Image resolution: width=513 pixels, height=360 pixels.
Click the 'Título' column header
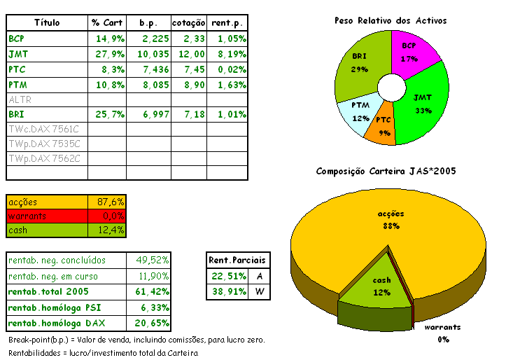(x=47, y=23)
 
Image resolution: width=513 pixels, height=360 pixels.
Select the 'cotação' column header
(x=188, y=23)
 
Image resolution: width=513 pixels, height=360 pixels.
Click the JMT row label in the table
(x=19, y=54)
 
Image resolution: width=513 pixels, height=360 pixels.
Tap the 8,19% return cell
(x=227, y=54)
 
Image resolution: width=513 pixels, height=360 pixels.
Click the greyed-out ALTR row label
(x=20, y=99)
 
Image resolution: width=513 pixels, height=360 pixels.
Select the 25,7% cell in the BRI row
(x=109, y=114)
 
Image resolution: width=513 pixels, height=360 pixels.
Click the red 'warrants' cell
(x=47, y=216)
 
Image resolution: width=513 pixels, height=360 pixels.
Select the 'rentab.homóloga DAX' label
(x=53, y=324)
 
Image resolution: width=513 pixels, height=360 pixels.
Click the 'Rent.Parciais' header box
(x=238, y=261)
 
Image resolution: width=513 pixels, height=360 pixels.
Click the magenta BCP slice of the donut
(x=412, y=53)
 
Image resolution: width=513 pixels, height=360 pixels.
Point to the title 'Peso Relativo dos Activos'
(x=391, y=20)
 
